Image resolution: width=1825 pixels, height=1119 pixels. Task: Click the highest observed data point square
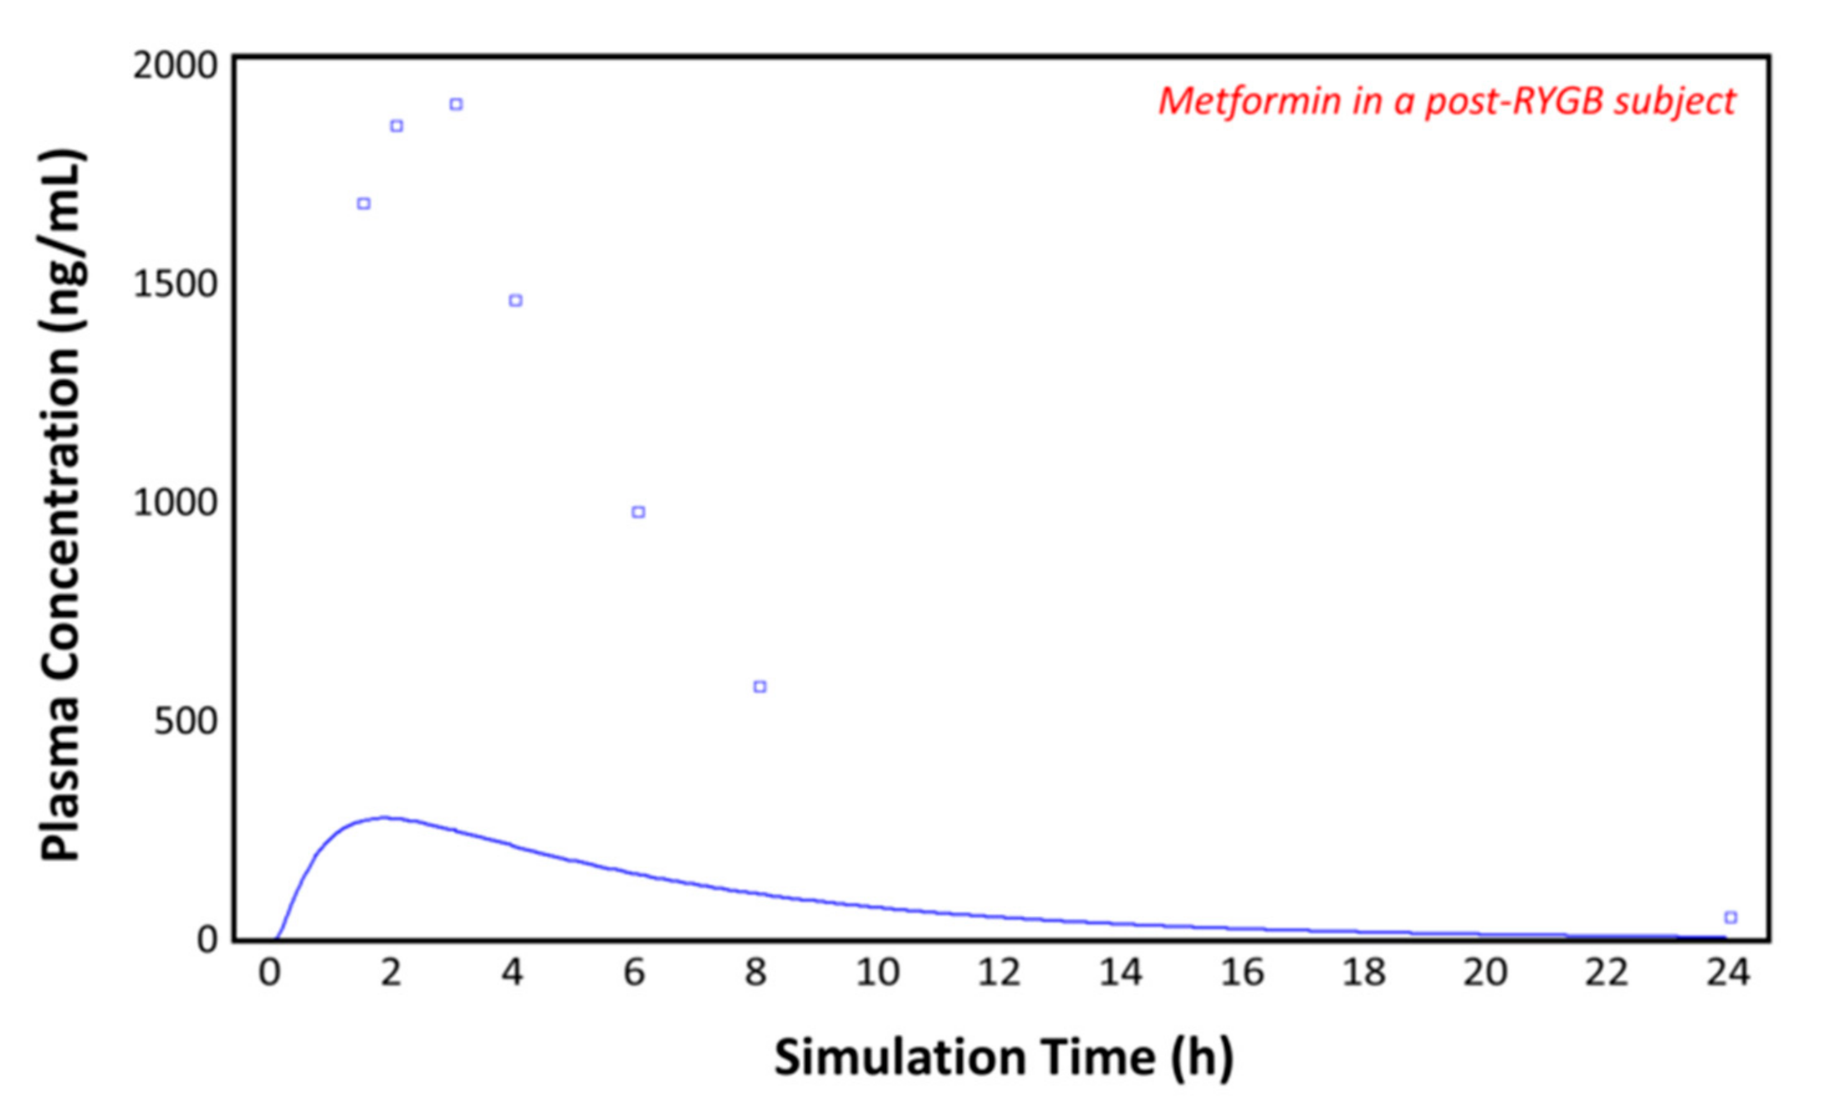point(456,104)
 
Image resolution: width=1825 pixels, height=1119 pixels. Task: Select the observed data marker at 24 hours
point(1730,918)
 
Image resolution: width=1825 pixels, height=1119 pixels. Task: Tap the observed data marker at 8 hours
point(759,686)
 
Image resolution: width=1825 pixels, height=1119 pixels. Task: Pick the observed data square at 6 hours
point(638,512)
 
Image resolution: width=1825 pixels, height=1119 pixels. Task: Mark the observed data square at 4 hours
point(515,300)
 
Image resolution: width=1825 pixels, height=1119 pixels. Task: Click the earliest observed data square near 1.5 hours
point(364,204)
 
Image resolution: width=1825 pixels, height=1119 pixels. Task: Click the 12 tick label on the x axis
point(999,972)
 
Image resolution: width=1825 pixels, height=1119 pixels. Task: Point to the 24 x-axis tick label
point(1728,972)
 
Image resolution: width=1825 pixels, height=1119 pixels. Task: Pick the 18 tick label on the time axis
point(1364,972)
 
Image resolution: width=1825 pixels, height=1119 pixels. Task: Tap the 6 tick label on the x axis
point(635,972)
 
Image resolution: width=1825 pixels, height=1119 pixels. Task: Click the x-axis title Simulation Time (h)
point(1004,1057)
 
